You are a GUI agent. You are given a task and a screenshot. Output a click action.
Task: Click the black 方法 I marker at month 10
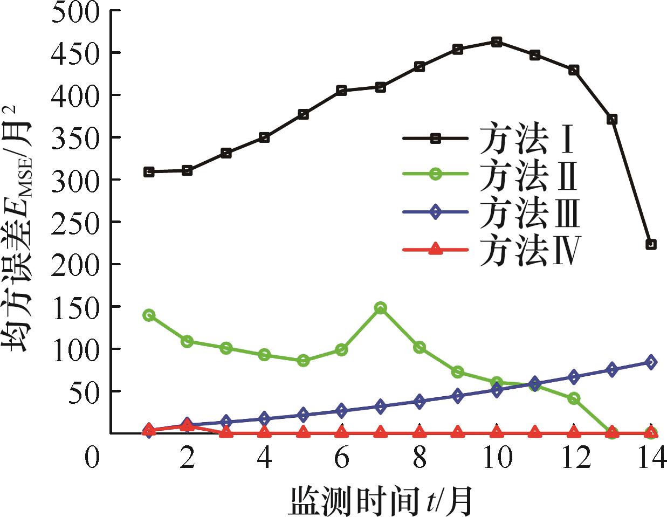(x=497, y=42)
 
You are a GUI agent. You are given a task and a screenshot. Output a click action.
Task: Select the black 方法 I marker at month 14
(x=651, y=244)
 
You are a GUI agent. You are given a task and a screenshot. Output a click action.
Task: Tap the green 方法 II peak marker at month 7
(x=380, y=308)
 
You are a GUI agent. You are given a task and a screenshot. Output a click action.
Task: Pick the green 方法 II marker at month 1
(x=149, y=315)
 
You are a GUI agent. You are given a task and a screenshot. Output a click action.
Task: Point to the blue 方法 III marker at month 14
(x=651, y=362)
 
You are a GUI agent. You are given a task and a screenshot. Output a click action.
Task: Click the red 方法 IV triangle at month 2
(x=187, y=426)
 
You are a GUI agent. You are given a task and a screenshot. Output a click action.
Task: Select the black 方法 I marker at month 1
(x=149, y=172)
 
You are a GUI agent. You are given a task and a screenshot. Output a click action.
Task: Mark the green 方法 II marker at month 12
(x=574, y=398)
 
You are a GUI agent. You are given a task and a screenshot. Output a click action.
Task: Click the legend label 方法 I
(x=526, y=139)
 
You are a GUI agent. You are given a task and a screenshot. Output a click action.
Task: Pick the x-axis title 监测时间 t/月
(x=381, y=500)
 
